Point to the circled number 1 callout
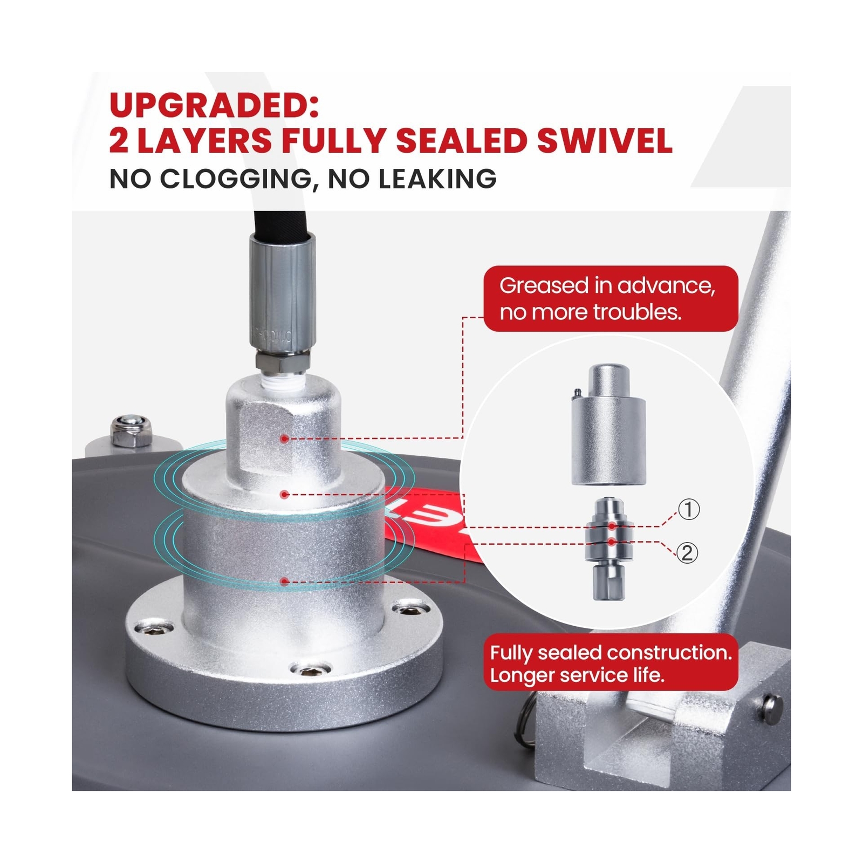[x=688, y=509]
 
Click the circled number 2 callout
[x=687, y=553]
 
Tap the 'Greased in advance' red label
[x=611, y=298]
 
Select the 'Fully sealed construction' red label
[x=611, y=663]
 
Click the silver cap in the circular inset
[x=608, y=424]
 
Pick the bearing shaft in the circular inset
[x=609, y=549]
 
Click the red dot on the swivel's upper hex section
[x=284, y=439]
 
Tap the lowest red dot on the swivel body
[x=284, y=581]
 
